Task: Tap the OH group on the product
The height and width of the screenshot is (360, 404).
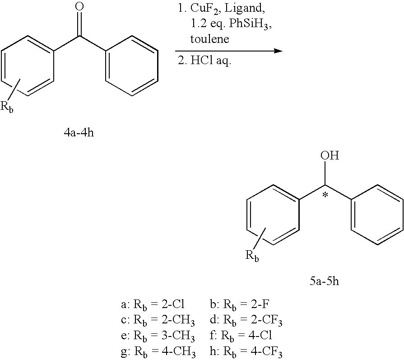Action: (x=330, y=156)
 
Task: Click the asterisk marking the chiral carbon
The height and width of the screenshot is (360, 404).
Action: (x=325, y=195)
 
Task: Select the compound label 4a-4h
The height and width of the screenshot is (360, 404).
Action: (x=79, y=134)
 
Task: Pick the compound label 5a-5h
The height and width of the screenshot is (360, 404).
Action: (x=324, y=281)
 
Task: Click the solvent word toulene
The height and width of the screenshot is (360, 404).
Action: (x=210, y=39)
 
